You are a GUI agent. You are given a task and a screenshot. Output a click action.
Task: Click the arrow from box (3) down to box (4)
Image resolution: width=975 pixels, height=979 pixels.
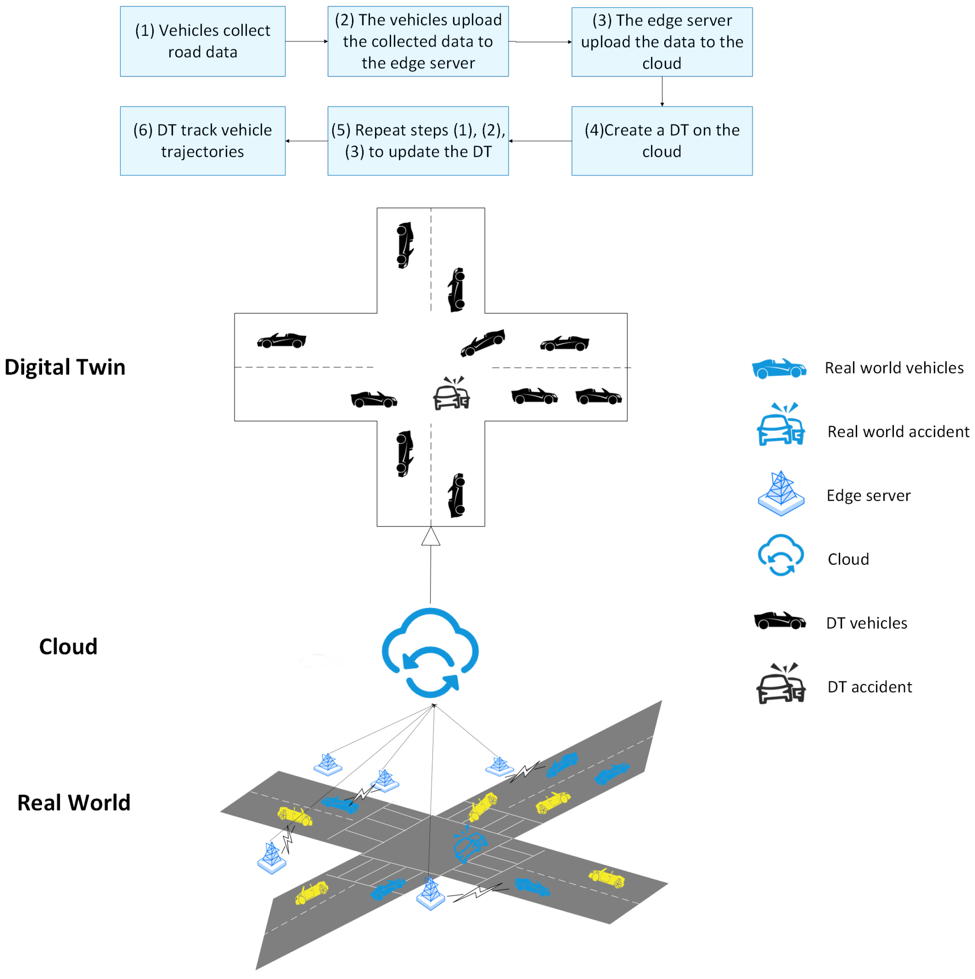[662, 91]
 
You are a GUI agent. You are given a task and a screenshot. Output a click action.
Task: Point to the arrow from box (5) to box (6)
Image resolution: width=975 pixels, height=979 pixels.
[306, 141]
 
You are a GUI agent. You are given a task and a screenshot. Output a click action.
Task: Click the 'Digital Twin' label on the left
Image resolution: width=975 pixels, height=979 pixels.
[65, 367]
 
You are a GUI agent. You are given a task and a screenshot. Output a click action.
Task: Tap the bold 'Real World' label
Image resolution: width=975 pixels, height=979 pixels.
[74, 803]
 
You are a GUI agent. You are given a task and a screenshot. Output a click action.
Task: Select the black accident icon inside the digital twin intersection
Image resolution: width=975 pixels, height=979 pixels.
[452, 393]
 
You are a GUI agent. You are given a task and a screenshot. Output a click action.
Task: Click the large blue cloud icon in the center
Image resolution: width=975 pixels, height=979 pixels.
[430, 652]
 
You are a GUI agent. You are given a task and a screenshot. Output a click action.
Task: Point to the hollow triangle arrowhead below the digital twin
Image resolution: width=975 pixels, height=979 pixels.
[431, 537]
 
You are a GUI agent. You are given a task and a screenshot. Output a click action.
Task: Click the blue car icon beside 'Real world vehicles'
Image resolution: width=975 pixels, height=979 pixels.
[778, 368]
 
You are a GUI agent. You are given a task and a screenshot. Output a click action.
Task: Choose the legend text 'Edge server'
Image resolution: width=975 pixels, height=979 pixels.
[868, 495]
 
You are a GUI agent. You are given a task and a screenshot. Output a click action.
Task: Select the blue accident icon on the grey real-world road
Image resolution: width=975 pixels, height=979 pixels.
[469, 843]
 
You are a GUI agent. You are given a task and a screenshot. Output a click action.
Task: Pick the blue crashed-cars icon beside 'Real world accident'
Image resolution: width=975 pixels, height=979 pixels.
[780, 425]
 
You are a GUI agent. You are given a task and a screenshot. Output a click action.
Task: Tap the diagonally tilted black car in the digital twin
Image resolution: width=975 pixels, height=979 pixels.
[483, 342]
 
